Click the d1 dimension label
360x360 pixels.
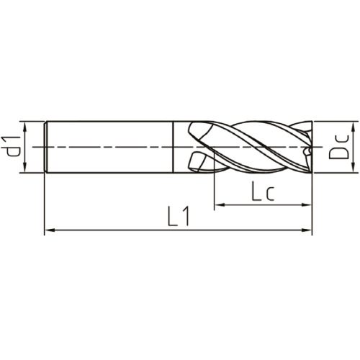tap(11, 146)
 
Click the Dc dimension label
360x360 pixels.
tap(338, 147)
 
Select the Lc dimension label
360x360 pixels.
tap(262, 192)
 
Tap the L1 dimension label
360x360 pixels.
tap(179, 216)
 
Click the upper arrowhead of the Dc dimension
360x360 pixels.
tap(353, 127)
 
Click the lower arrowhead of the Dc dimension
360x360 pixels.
tap(353, 167)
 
